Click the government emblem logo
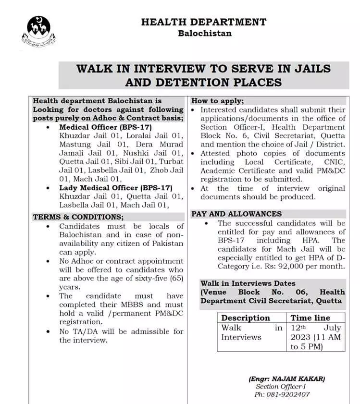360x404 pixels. pos(39,30)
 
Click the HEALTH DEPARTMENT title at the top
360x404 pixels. pos(204,22)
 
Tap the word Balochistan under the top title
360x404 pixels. pos(204,33)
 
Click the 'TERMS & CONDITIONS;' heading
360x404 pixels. pos(78,217)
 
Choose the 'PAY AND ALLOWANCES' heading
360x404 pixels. pos(236,214)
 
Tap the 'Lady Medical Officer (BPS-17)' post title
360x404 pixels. pos(116,188)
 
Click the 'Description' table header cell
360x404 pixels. pos(246,318)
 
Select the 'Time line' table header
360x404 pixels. pos(310,318)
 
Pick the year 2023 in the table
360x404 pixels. pos(300,337)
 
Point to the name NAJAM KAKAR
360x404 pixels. pos(302,379)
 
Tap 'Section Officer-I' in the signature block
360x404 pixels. pos(281,386)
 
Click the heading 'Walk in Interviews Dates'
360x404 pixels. pos(248,283)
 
